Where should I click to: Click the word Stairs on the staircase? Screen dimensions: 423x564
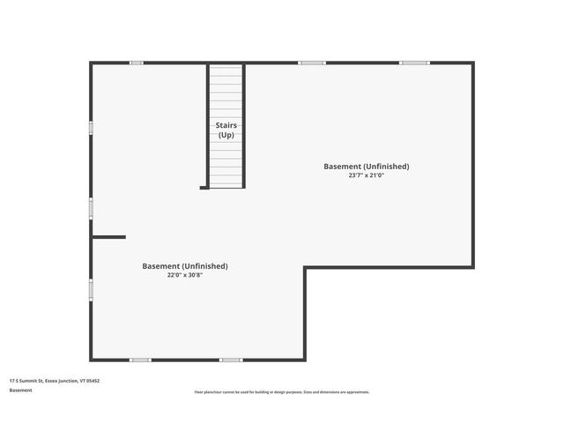point(226,125)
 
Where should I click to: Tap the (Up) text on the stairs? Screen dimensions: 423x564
point(226,135)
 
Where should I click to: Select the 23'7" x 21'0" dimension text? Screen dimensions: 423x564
point(366,175)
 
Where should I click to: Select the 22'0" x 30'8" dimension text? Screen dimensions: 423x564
point(185,275)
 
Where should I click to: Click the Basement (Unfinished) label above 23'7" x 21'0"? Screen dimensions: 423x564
point(366,166)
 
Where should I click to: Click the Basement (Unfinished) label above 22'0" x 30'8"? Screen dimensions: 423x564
point(185,265)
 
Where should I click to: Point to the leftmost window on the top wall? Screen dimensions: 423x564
point(137,63)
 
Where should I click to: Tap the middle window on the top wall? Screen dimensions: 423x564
point(311,63)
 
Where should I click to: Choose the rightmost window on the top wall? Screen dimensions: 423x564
point(414,63)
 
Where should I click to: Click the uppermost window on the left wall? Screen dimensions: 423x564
point(91,127)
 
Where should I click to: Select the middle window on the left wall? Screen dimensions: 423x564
point(91,207)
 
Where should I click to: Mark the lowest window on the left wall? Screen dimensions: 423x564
point(91,289)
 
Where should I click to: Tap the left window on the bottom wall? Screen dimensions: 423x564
point(140,360)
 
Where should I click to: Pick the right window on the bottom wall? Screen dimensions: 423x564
point(231,360)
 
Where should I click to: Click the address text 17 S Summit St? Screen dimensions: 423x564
point(26,381)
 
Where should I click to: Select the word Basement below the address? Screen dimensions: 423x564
point(21,390)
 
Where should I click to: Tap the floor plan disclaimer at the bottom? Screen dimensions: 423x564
point(282,392)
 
